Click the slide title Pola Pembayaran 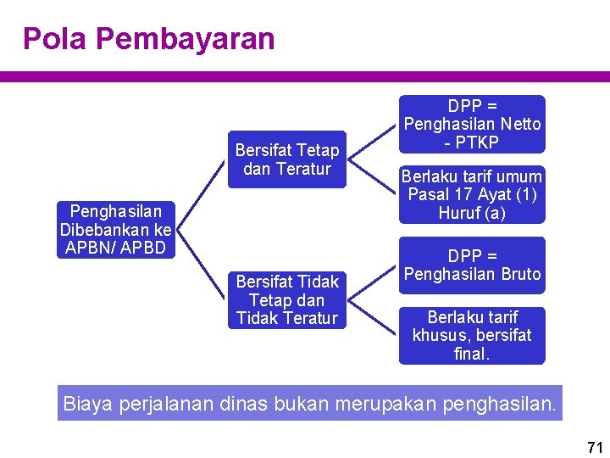tap(148, 39)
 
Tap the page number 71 tap(593, 447)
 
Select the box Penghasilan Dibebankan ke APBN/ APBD tap(115, 229)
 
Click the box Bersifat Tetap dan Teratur tap(286, 159)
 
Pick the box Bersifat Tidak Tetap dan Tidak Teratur tap(286, 300)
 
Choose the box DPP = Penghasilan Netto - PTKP tap(472, 124)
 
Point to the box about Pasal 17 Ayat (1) tap(472, 195)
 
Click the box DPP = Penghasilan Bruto tap(472, 265)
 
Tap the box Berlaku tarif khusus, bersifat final tap(472, 335)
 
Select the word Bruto tap(519, 274)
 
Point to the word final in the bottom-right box tap(471, 354)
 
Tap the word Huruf tap(458, 214)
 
